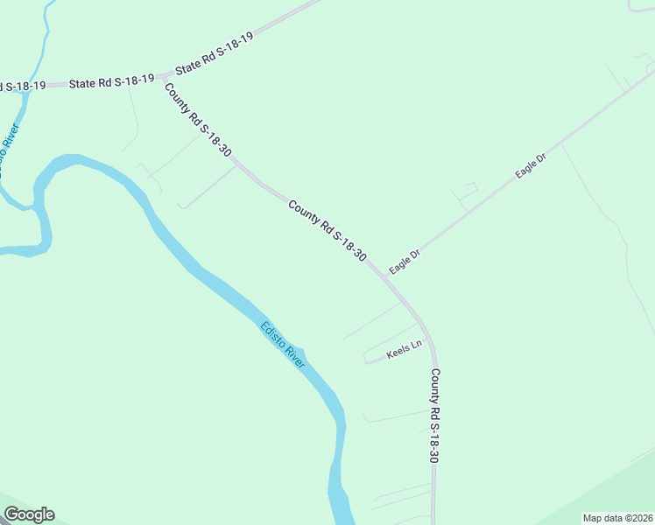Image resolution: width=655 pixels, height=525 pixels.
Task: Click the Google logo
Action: [29, 514]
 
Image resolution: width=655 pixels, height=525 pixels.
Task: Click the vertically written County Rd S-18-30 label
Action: [433, 416]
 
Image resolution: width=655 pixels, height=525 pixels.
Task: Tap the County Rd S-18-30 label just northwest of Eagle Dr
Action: [327, 231]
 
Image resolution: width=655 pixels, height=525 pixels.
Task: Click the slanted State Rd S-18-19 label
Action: [214, 54]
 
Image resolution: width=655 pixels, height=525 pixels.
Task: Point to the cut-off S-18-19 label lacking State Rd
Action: [23, 86]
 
